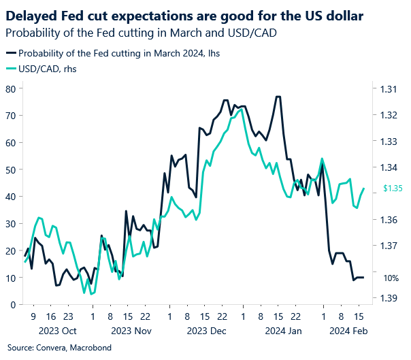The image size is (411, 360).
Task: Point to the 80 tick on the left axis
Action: [11, 88]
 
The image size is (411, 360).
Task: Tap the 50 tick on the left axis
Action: [11, 169]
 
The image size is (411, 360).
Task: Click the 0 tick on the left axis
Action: [14, 304]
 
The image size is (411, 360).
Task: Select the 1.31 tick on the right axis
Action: [389, 89]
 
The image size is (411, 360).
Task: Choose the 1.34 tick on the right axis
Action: [389, 167]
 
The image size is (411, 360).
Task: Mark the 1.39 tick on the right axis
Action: [389, 297]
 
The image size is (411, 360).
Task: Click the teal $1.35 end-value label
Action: [393, 189]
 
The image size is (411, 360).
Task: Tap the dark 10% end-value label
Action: [391, 278]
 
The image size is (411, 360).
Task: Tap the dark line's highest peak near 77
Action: [278, 97]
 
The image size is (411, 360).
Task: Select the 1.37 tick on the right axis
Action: [389, 246]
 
